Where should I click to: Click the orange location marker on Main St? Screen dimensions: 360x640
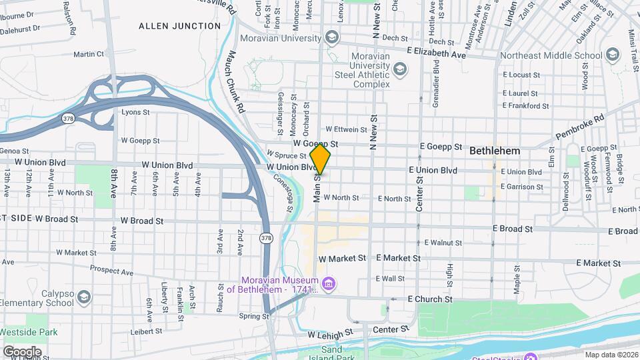pyautogui.click(x=321, y=159)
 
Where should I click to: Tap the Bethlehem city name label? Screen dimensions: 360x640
pyautogui.click(x=495, y=151)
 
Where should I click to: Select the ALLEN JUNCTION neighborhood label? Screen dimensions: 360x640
pyautogui.click(x=179, y=26)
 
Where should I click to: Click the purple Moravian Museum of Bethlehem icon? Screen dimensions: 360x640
pyautogui.click(x=328, y=285)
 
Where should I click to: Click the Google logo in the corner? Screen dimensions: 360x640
pyautogui.click(x=22, y=351)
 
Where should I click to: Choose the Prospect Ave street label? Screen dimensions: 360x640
pyautogui.click(x=112, y=271)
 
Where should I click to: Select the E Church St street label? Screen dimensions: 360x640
pyautogui.click(x=430, y=299)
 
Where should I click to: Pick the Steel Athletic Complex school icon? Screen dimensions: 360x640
pyautogui.click(x=399, y=69)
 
